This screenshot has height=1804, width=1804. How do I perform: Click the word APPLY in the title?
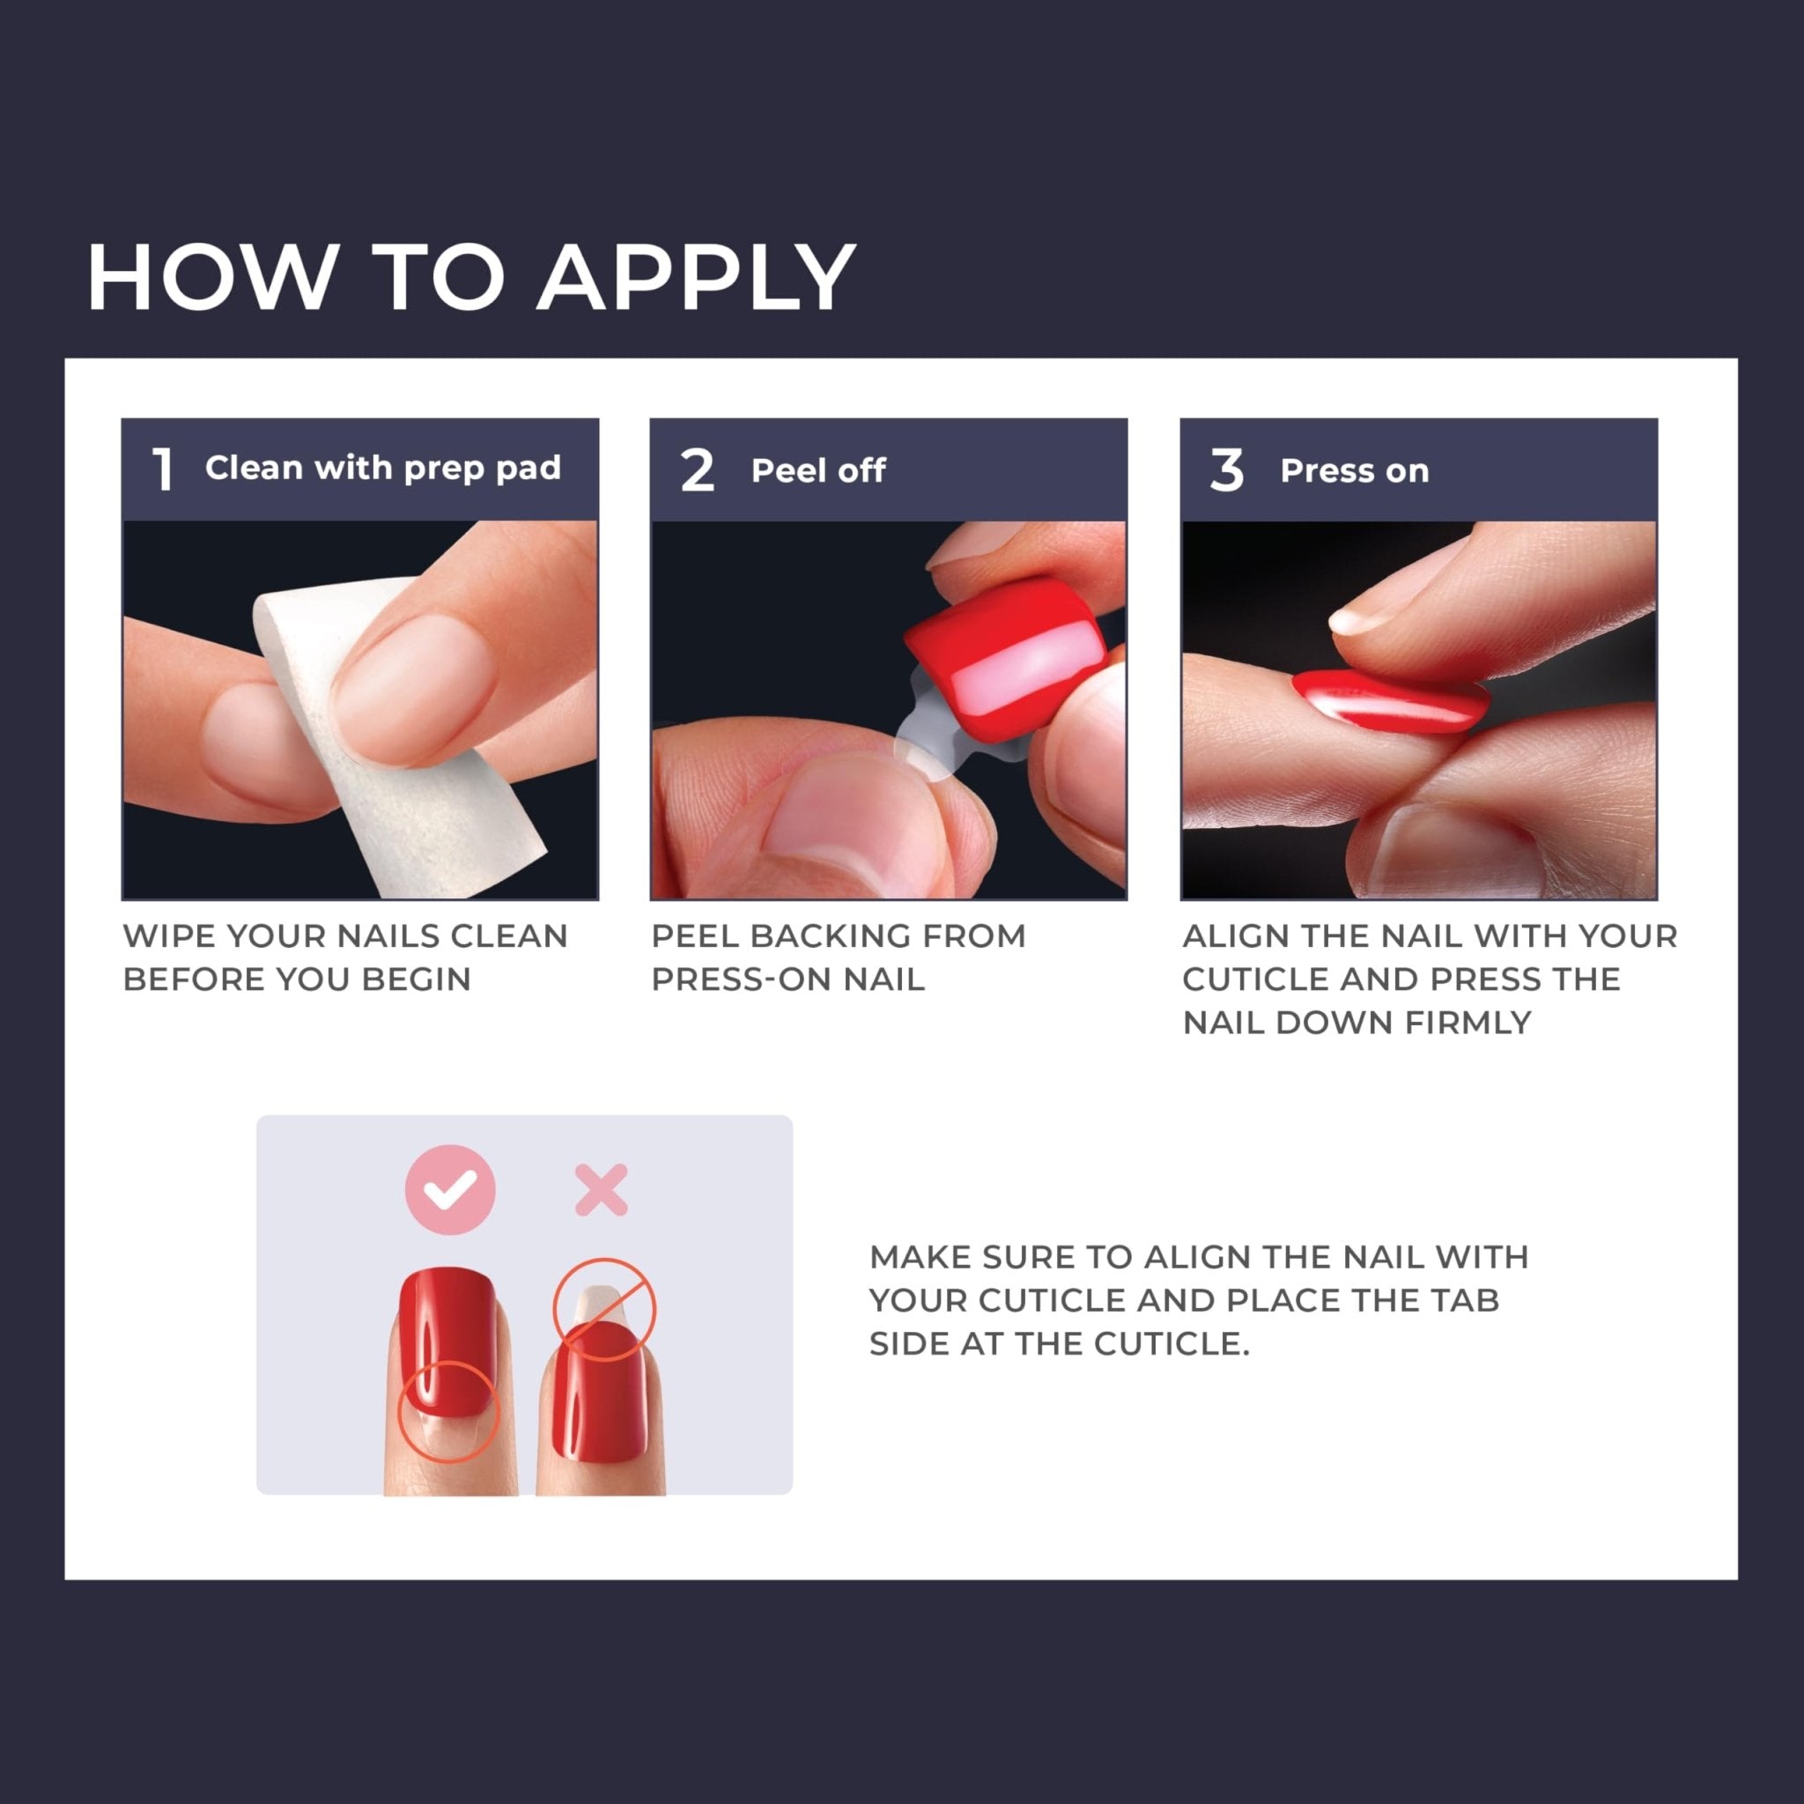[696, 277]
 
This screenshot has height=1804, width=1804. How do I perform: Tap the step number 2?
[697, 469]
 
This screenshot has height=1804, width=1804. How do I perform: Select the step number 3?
[1226, 469]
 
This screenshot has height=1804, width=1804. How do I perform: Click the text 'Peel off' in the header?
[818, 470]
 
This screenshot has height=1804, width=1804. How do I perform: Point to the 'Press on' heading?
[1354, 470]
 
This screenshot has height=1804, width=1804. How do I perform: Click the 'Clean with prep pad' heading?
[383, 468]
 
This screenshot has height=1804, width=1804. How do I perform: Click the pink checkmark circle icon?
[450, 1189]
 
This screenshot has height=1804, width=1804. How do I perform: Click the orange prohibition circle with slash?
[604, 1308]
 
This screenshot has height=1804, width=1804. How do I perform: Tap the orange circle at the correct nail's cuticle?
[449, 1411]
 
